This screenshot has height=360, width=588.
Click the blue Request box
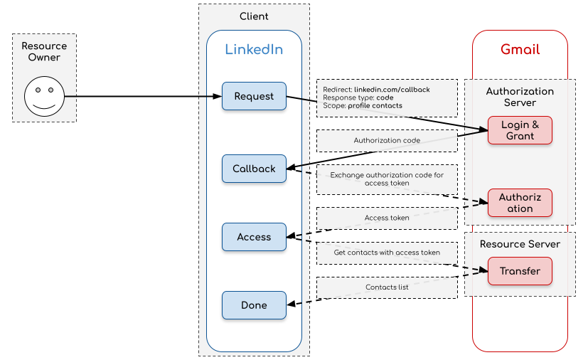pyautogui.click(x=254, y=96)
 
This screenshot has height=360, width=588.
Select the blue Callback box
pyautogui.click(x=254, y=169)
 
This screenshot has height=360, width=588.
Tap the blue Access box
pyautogui.click(x=254, y=237)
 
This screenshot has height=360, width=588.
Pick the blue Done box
pyautogui.click(x=254, y=305)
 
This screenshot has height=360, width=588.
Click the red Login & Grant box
pyautogui.click(x=520, y=130)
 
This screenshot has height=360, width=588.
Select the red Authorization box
pyautogui.click(x=520, y=203)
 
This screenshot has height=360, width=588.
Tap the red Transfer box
pyautogui.click(x=520, y=271)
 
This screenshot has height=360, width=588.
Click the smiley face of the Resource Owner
pyautogui.click(x=44, y=97)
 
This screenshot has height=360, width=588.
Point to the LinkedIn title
pyautogui.click(x=254, y=50)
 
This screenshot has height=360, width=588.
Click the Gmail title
pyautogui.click(x=520, y=50)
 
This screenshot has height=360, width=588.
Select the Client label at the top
pyautogui.click(x=254, y=16)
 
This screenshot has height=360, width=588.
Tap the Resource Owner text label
pyautogui.click(x=44, y=52)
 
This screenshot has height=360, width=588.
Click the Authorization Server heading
pyautogui.click(x=520, y=97)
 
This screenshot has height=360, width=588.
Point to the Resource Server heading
pyautogui.click(x=520, y=244)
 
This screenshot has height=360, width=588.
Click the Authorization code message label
pyautogui.click(x=387, y=141)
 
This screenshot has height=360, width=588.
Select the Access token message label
pyautogui.click(x=387, y=218)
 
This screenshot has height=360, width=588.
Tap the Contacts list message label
pyautogui.click(x=387, y=287)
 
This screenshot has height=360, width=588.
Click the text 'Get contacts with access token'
pyautogui.click(x=387, y=253)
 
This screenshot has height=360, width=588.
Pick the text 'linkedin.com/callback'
pyautogui.click(x=392, y=90)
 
